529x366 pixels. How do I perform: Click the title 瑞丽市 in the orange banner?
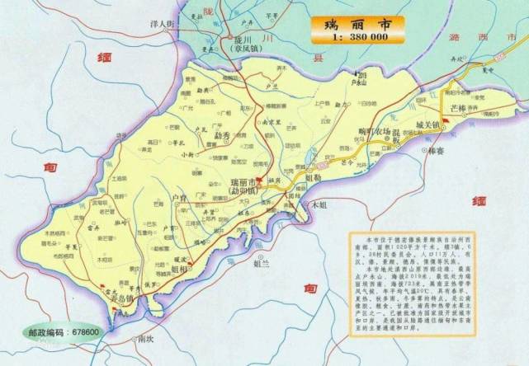coord(357,23)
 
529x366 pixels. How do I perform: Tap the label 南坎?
coord(146,338)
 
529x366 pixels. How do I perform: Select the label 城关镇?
coord(429,125)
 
